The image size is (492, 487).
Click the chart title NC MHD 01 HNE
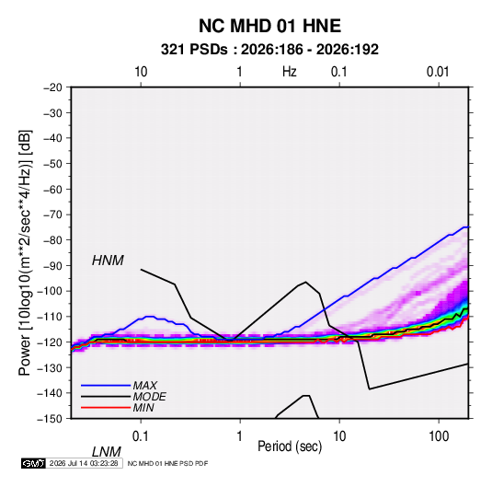point(269,26)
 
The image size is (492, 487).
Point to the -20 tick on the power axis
point(52,87)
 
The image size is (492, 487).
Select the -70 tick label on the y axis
point(52,215)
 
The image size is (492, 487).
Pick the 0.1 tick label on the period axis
point(141,436)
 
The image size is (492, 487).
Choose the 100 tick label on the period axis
point(439,436)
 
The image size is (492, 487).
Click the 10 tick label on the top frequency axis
point(141,72)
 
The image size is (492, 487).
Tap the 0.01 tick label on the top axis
point(438,72)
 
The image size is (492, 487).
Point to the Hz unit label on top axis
point(290,72)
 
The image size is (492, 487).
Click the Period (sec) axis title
point(290,446)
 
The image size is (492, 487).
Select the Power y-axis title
point(25,253)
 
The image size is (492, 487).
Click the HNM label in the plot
point(108,261)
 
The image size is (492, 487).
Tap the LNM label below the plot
point(106,452)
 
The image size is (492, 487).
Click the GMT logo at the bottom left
point(33,463)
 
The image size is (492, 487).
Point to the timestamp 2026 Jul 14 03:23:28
point(84,463)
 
